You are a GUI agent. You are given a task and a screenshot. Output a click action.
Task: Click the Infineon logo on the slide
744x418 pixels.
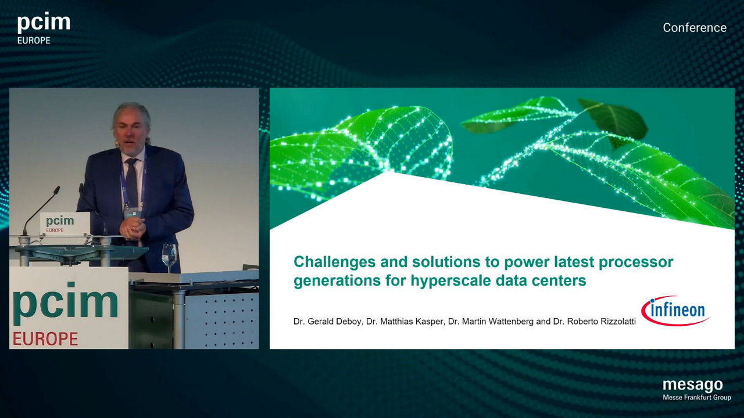tap(675, 311)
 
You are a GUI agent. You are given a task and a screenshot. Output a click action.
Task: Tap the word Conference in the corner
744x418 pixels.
tap(695, 27)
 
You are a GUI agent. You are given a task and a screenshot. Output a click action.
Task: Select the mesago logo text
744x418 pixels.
tap(693, 385)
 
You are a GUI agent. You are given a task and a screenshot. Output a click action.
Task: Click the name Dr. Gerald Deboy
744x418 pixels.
tap(328, 321)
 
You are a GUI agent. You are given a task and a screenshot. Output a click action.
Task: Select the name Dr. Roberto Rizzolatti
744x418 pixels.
tap(594, 321)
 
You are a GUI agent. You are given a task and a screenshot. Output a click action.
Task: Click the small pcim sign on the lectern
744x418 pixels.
tap(65, 224)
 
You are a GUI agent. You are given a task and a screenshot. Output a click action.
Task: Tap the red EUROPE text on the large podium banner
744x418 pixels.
tap(45, 338)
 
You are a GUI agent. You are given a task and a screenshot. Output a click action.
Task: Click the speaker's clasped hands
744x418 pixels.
tap(132, 229)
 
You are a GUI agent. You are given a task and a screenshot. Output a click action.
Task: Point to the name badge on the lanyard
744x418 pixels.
tap(131, 212)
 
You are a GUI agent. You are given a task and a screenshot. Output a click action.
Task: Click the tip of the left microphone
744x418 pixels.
tap(58, 189)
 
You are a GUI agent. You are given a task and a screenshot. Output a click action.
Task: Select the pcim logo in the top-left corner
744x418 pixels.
tap(44, 28)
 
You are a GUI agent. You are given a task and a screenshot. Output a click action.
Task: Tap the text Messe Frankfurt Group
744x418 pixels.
tap(697, 397)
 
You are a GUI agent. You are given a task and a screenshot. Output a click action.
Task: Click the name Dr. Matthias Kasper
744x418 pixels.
tap(405, 321)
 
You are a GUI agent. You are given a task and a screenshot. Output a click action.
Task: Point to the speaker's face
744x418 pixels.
tap(131, 133)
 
